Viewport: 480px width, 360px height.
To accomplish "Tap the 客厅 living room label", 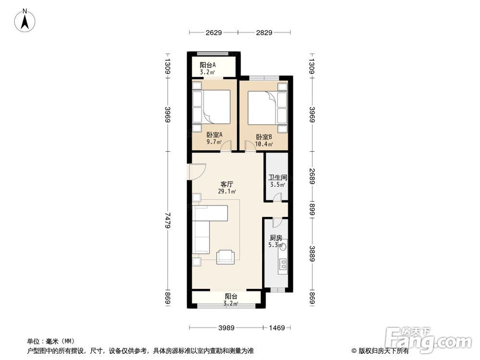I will point(228,184).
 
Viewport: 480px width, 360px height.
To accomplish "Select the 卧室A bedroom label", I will point(214,136).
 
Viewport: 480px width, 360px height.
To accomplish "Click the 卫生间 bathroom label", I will point(277,177).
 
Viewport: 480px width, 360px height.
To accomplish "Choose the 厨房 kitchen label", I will point(276,238).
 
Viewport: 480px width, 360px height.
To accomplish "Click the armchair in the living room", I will point(226,257).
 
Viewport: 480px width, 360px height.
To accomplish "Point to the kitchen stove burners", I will point(283,263).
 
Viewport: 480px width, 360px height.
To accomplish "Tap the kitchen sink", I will point(283,247).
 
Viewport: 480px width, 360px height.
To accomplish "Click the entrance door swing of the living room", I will point(197,170).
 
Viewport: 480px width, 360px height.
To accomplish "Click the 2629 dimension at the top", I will point(214,33).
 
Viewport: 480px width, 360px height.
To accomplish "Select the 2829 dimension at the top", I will point(264,33).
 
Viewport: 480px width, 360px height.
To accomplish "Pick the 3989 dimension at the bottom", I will point(227,328).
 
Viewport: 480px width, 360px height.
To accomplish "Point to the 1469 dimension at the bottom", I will point(276,328).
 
